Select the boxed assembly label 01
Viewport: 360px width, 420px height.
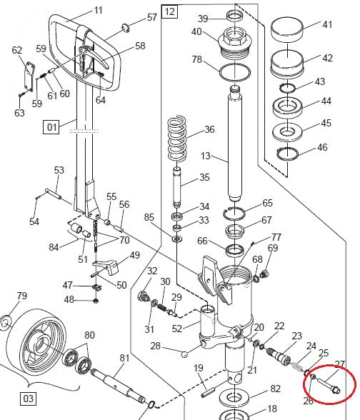click(51, 128)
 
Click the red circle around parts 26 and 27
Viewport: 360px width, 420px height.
click(329, 386)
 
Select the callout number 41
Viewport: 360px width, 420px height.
click(328, 25)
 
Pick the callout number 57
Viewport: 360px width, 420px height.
click(151, 17)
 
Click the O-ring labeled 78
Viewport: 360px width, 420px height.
click(234, 71)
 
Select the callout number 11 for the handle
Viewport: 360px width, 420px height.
click(99, 10)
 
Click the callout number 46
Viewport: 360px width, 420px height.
click(323, 147)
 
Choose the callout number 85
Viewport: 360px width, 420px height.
click(149, 217)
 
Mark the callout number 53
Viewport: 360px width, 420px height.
click(59, 170)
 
